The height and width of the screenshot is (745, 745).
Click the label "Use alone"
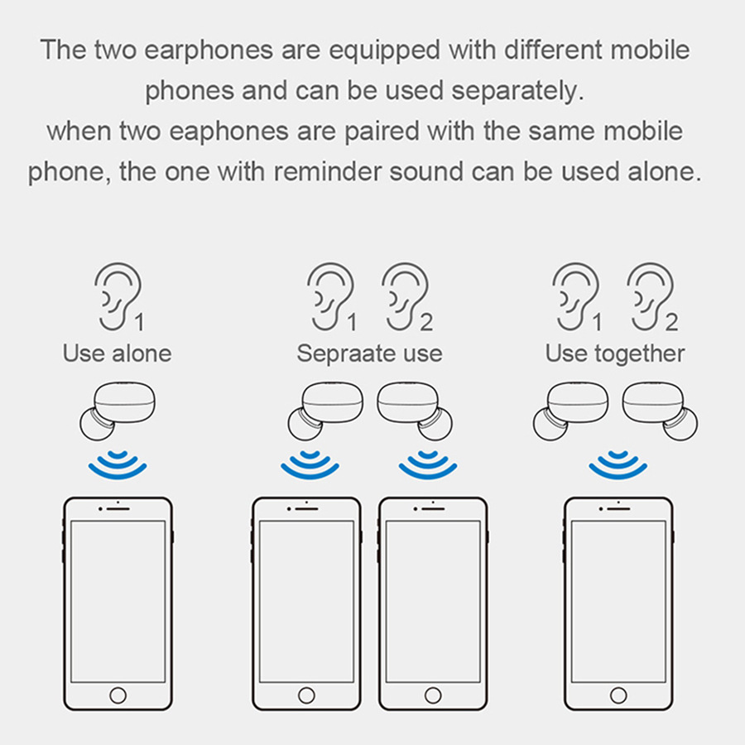click(117, 353)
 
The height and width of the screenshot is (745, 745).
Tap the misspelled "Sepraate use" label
click(370, 354)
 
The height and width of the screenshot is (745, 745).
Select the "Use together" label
click(615, 354)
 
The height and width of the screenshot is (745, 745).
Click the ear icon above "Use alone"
click(118, 296)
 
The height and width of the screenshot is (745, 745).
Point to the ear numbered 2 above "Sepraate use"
click(405, 296)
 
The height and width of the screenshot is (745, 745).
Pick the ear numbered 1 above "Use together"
click(575, 296)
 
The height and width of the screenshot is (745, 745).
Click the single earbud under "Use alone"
click(118, 411)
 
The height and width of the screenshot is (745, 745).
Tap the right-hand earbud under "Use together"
click(660, 411)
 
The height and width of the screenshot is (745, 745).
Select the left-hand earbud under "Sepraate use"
click(325, 411)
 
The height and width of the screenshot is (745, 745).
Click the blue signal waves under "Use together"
click(618, 465)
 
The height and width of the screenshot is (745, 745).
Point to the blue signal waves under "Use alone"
click(118, 465)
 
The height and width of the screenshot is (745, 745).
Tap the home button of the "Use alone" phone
click(118, 695)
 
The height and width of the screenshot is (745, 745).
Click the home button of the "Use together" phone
click(618, 695)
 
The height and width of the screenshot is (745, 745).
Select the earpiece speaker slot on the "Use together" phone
click(618, 509)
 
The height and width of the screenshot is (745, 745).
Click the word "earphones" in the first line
click(209, 50)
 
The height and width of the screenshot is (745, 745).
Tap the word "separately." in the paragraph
click(517, 91)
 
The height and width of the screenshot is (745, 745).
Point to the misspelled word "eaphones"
click(229, 132)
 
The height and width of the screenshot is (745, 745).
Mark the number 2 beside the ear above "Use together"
click(670, 323)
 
